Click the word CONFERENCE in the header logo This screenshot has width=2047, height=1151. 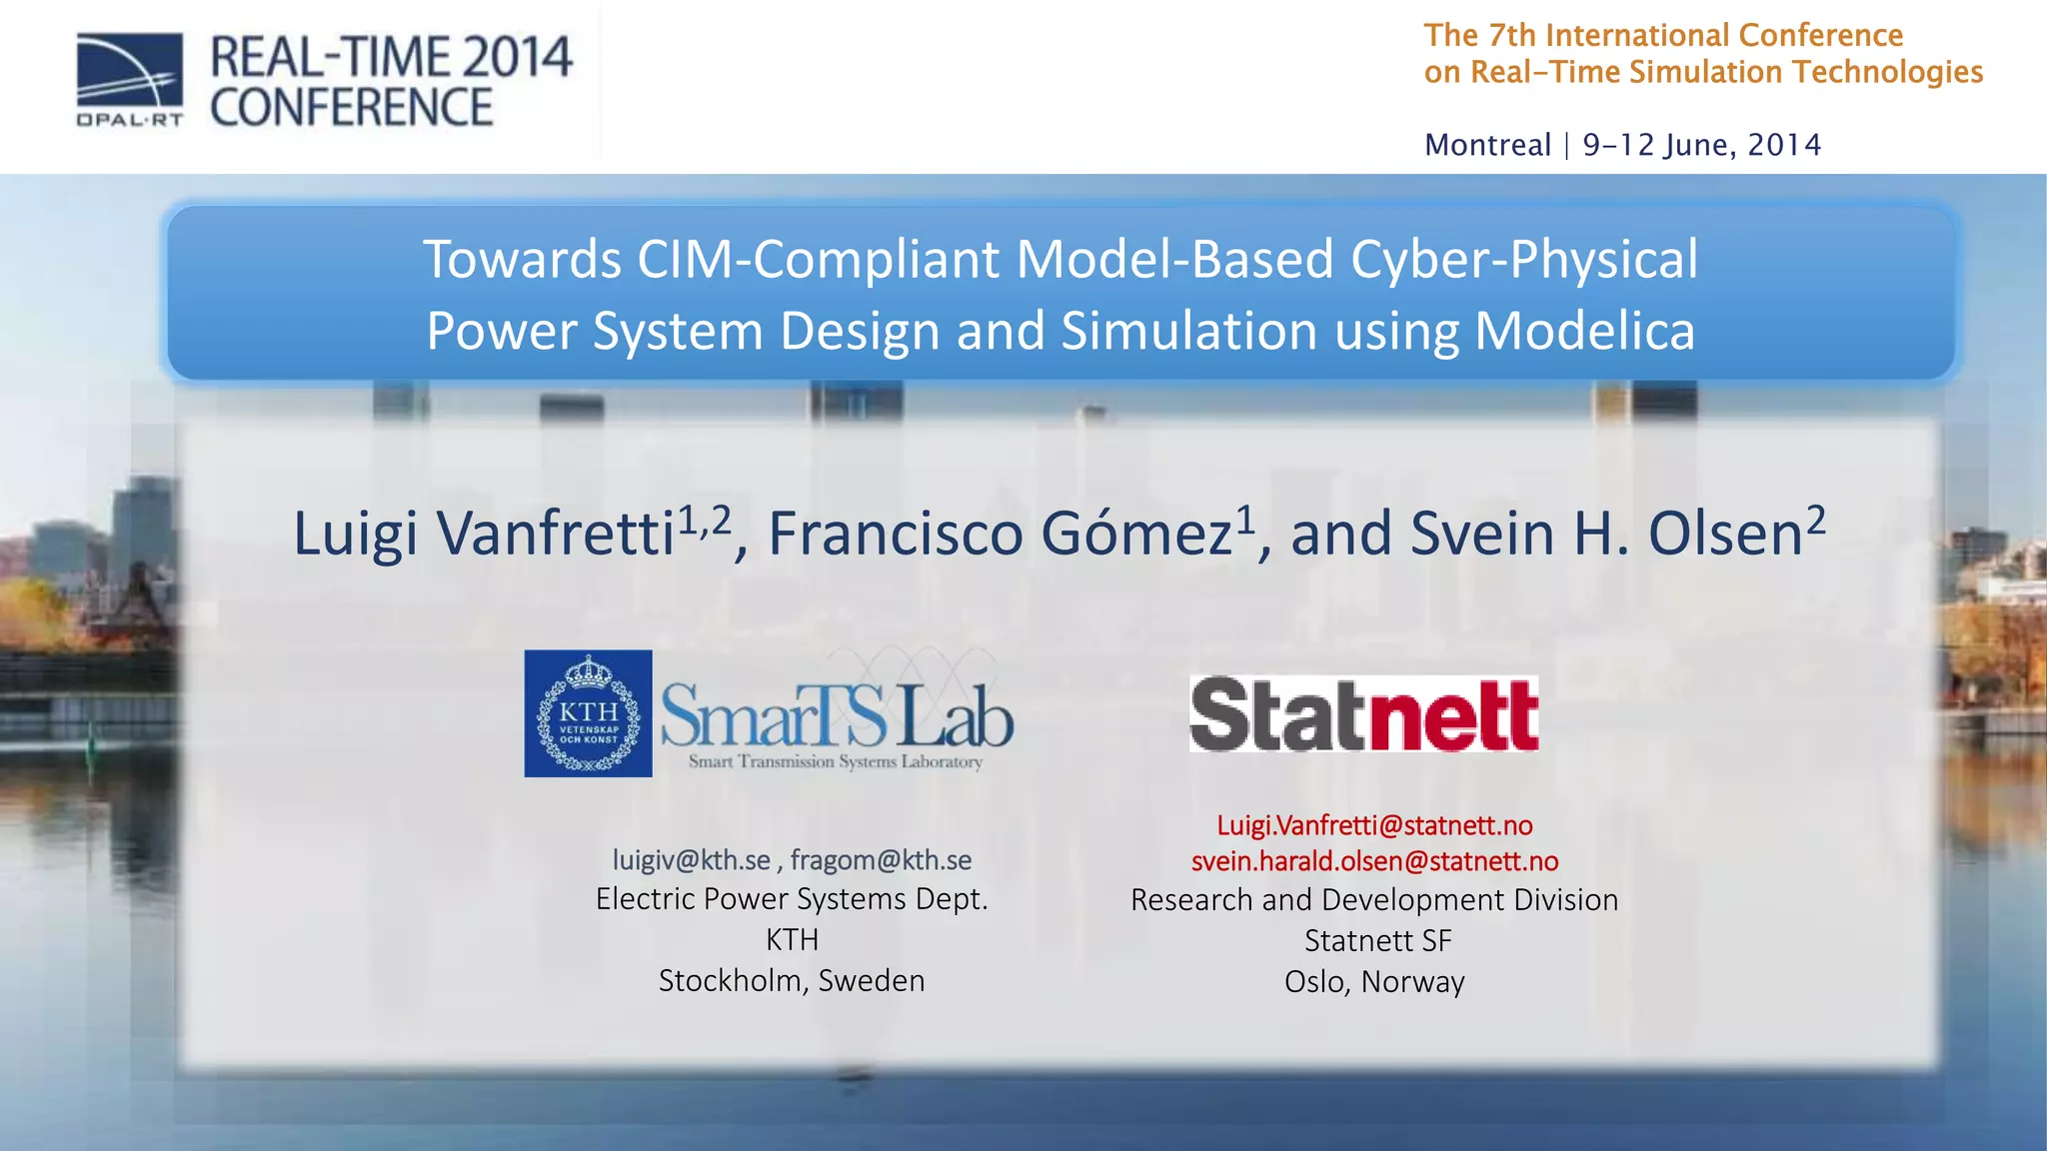(x=352, y=108)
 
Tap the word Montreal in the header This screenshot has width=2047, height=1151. (x=1487, y=146)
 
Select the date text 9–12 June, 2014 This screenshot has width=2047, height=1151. (x=1702, y=146)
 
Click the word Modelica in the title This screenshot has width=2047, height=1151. (x=1584, y=332)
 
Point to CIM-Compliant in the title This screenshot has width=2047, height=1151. (x=818, y=260)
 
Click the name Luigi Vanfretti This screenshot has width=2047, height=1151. (x=484, y=534)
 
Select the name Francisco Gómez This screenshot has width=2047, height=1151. (x=1000, y=534)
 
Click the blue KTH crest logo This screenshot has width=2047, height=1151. (x=588, y=713)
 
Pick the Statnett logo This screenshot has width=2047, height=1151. (x=1363, y=714)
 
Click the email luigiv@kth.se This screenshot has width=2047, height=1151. (x=692, y=860)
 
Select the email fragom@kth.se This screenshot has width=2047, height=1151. (x=881, y=860)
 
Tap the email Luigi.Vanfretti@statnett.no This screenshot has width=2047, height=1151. (x=1374, y=825)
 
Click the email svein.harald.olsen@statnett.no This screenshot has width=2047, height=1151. (x=1374, y=861)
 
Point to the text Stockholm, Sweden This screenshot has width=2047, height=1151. (x=792, y=981)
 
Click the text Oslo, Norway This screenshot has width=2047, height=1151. (x=1374, y=982)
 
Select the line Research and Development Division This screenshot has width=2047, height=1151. (x=1374, y=900)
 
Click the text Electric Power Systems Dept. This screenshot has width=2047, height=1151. (x=792, y=899)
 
